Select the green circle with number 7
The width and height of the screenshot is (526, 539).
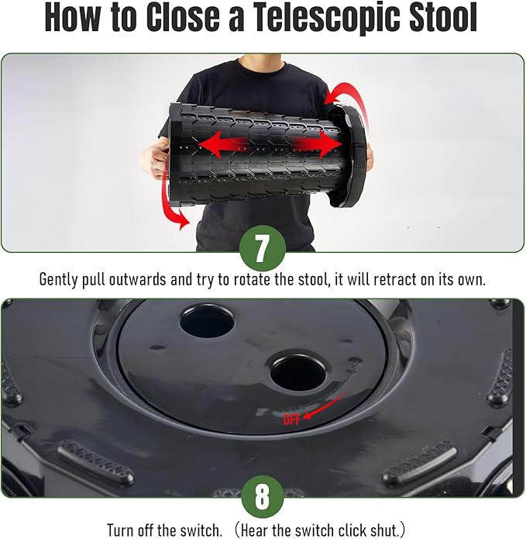(x=263, y=248)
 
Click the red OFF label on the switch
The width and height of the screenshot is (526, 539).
(x=292, y=420)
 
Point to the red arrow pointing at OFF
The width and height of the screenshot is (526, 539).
(x=325, y=406)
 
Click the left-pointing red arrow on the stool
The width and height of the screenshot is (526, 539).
(x=223, y=144)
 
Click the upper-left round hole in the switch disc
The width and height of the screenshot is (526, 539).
(x=207, y=320)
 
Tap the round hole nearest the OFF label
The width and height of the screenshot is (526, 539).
(x=297, y=372)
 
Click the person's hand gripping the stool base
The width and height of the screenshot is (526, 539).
(x=155, y=161)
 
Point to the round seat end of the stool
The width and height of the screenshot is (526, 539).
(x=347, y=155)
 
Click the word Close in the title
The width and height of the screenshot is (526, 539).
(x=183, y=17)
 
